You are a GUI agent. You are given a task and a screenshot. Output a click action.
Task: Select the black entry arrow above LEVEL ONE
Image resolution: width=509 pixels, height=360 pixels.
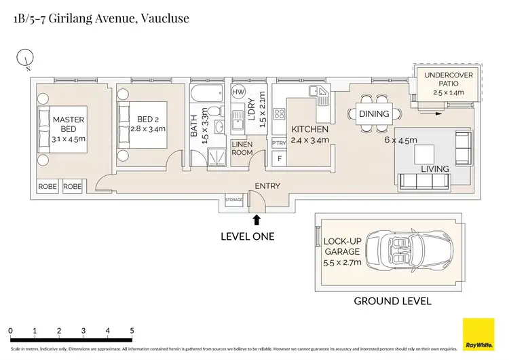257,219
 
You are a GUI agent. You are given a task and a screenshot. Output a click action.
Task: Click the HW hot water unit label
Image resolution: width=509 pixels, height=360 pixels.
238,92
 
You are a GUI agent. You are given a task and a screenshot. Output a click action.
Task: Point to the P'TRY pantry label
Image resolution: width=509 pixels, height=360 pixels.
279,143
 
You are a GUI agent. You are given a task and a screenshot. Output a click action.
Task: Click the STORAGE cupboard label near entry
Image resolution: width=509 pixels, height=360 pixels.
234,200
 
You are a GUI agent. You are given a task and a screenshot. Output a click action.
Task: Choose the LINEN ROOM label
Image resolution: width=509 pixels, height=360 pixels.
242,149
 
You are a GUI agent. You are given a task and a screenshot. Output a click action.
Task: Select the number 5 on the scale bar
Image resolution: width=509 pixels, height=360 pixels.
132,331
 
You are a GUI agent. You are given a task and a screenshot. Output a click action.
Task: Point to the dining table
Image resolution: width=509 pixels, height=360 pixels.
374,113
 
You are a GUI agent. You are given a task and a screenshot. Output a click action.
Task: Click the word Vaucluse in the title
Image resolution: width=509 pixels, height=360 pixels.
164,19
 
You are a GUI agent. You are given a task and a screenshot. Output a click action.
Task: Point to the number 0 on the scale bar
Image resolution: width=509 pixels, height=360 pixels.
11,331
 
